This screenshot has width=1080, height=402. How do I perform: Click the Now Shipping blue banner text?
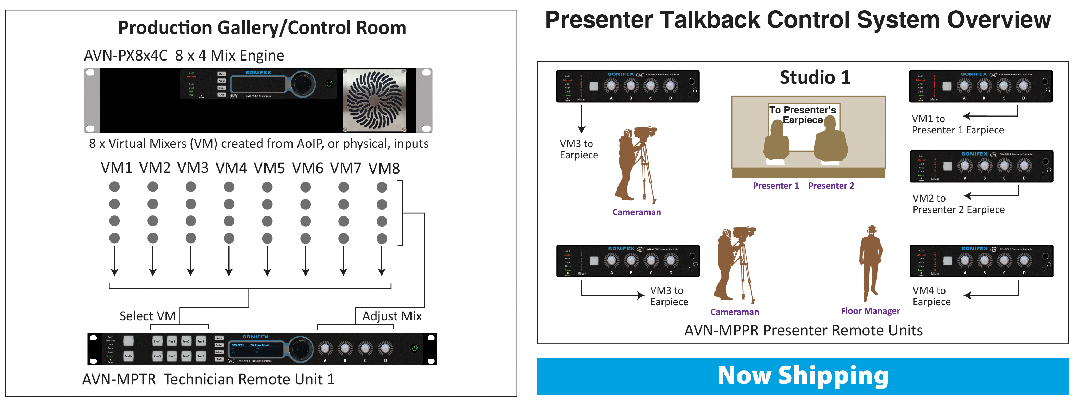pyautogui.click(x=803, y=376)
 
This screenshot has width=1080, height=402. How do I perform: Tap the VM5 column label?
pyautogui.click(x=269, y=169)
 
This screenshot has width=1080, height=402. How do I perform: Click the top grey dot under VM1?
pyautogui.click(x=114, y=187)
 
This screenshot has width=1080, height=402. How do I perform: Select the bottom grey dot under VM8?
pyautogui.click(x=382, y=239)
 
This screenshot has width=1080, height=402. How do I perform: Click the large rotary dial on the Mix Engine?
pyautogui.click(x=302, y=84)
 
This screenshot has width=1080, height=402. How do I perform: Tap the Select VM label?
pyautogui.click(x=147, y=316)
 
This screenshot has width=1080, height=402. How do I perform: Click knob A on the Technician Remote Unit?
pyautogui.click(x=325, y=348)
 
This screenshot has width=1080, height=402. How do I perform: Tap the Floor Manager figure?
pyautogui.click(x=871, y=264)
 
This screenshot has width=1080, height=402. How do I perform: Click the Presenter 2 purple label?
pyautogui.click(x=831, y=186)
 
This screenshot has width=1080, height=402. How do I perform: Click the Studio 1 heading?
pyautogui.click(x=815, y=77)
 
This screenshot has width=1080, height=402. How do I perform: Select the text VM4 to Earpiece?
pyautogui.click(x=931, y=296)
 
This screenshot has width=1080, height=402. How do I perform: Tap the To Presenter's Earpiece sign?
pyautogui.click(x=803, y=115)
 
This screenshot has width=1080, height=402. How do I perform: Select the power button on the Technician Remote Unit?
pyautogui.click(x=414, y=348)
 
